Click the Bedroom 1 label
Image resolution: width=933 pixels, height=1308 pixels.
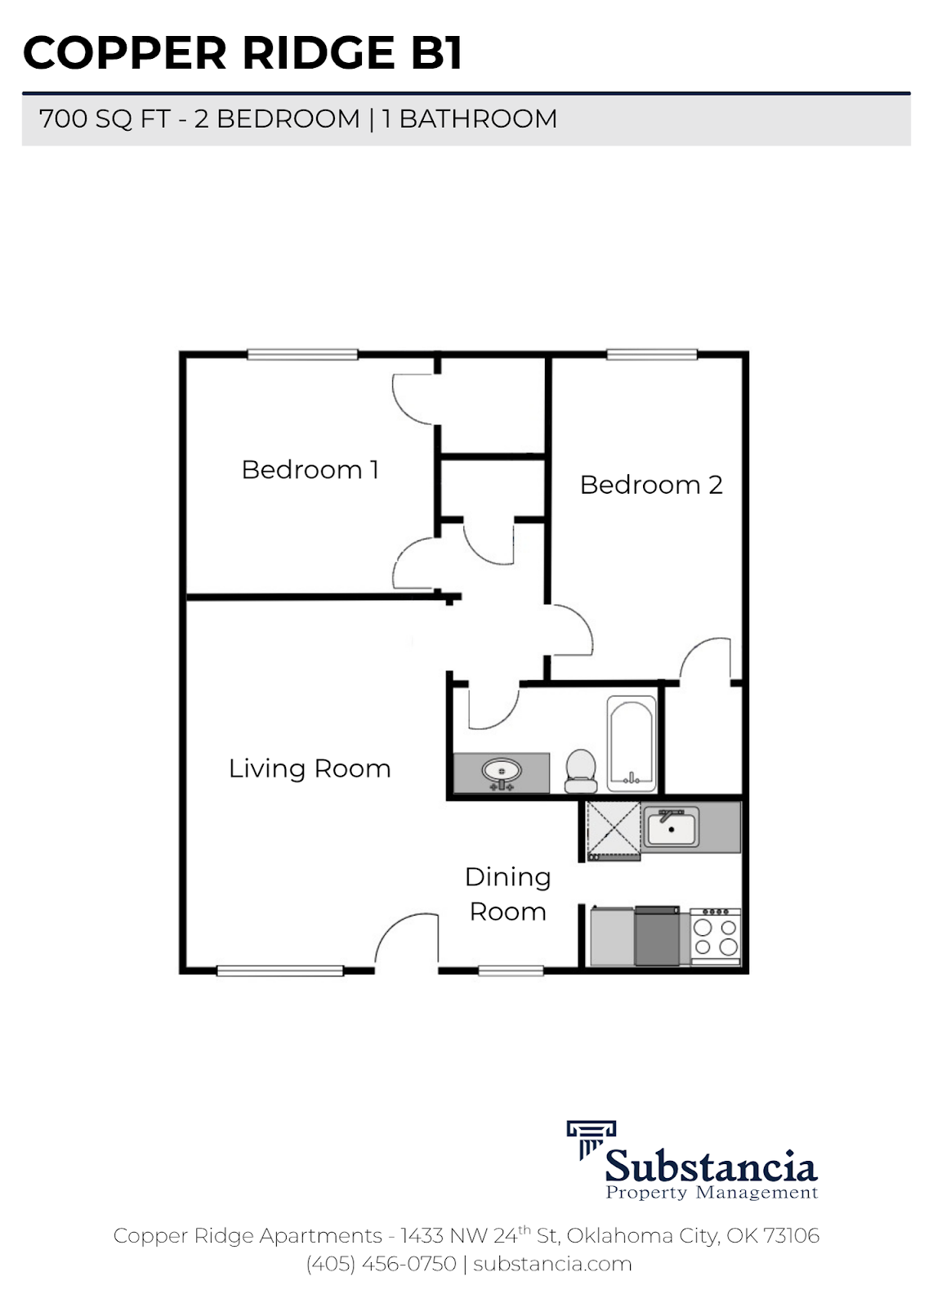coord(310,470)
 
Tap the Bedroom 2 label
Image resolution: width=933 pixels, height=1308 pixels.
coord(651,485)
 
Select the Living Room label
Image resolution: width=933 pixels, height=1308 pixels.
coord(310,768)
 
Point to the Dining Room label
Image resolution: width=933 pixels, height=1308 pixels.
coord(507,894)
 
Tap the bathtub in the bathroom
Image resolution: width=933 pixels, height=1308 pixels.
coord(632,744)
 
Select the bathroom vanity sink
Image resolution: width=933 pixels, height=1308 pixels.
coord(502,772)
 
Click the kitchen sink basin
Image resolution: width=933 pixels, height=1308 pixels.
coord(671,827)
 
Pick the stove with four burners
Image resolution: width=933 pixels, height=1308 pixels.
coord(715,936)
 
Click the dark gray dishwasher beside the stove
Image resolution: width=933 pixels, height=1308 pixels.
coord(657,936)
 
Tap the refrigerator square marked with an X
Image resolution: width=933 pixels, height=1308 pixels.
coord(614,829)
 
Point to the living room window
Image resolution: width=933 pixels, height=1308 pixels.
coord(280,970)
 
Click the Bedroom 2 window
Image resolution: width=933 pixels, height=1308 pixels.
coord(651,354)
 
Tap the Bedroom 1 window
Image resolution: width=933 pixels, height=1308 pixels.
coord(302,354)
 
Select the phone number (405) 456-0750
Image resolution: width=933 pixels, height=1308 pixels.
coord(381,1264)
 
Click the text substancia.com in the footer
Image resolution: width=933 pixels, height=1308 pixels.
coord(552,1264)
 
